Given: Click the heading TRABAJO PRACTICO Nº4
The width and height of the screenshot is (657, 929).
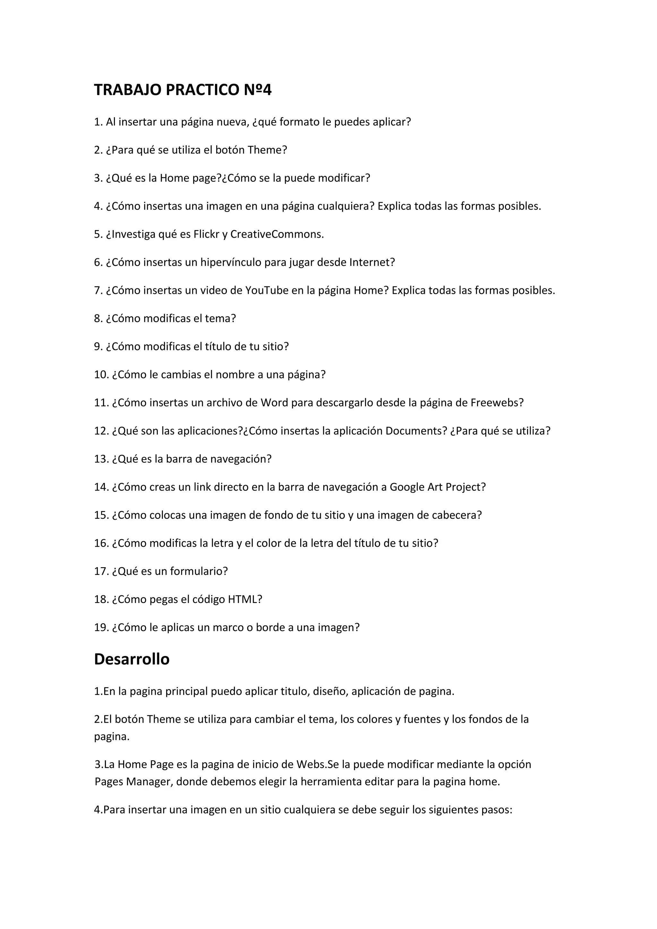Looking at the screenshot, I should pos(183,90).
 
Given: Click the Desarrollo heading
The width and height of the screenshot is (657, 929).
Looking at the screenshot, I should pos(132,659).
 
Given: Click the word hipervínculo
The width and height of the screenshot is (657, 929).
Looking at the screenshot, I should pos(231,263).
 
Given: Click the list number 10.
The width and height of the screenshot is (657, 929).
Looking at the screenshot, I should pos(101,375).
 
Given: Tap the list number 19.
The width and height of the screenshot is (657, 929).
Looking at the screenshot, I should pos(101,627).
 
